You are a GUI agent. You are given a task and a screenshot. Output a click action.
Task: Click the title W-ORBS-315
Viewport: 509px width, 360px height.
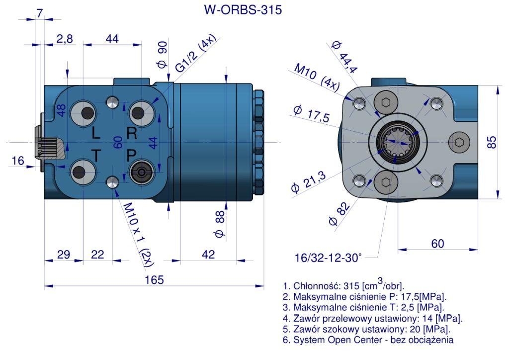pos(243,9)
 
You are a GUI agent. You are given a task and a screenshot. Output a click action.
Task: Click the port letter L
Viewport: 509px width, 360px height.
pos(95,133)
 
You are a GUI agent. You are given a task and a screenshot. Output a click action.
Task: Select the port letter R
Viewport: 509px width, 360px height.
pos(131,133)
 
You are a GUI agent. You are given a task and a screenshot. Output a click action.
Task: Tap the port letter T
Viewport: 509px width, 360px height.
pos(96,156)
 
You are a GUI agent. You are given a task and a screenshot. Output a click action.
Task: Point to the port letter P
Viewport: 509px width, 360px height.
pos(131,156)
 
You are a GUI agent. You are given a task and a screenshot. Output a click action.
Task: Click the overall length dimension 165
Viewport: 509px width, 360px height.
pos(154,279)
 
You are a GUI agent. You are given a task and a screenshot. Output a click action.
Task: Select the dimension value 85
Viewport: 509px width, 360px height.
pos(492,142)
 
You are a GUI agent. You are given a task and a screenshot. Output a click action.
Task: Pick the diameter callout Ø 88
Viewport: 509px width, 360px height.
pos(220,224)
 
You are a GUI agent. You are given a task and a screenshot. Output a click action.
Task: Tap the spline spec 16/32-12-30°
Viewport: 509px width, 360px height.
pos(328,258)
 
